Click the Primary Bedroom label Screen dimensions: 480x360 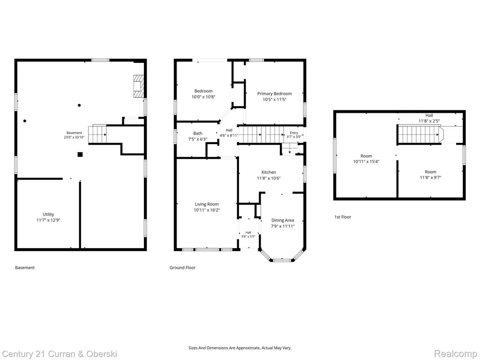click(274, 94)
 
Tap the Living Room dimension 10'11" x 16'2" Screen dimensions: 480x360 click(207, 210)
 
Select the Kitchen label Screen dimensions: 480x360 click(269, 172)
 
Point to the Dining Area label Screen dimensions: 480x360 click(283, 220)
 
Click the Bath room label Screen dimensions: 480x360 click(198, 133)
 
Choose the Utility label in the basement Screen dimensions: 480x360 click(48, 214)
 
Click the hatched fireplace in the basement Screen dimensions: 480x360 click(138, 86)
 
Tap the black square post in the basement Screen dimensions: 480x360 click(80, 155)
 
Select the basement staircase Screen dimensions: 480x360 click(97, 134)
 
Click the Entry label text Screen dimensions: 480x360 click(294, 133)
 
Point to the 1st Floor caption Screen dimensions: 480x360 click(343, 217)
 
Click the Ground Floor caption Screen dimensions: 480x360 click(182, 267)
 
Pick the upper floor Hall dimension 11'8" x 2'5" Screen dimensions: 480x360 click(429, 121)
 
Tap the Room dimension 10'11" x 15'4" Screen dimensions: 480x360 click(366, 161)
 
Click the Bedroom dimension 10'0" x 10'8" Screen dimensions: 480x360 click(203, 97)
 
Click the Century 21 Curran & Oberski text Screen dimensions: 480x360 click(60, 354)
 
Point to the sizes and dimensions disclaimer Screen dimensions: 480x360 click(240, 348)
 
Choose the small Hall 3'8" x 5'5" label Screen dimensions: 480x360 click(248, 235)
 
